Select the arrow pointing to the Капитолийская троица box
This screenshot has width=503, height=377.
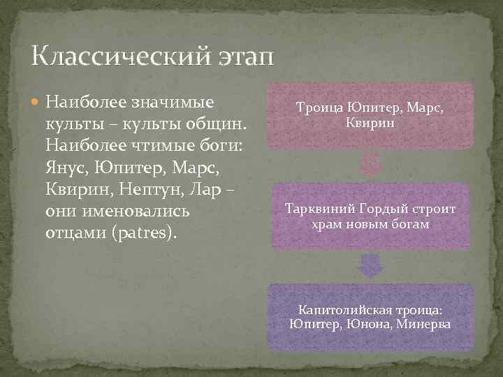point(370,267)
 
